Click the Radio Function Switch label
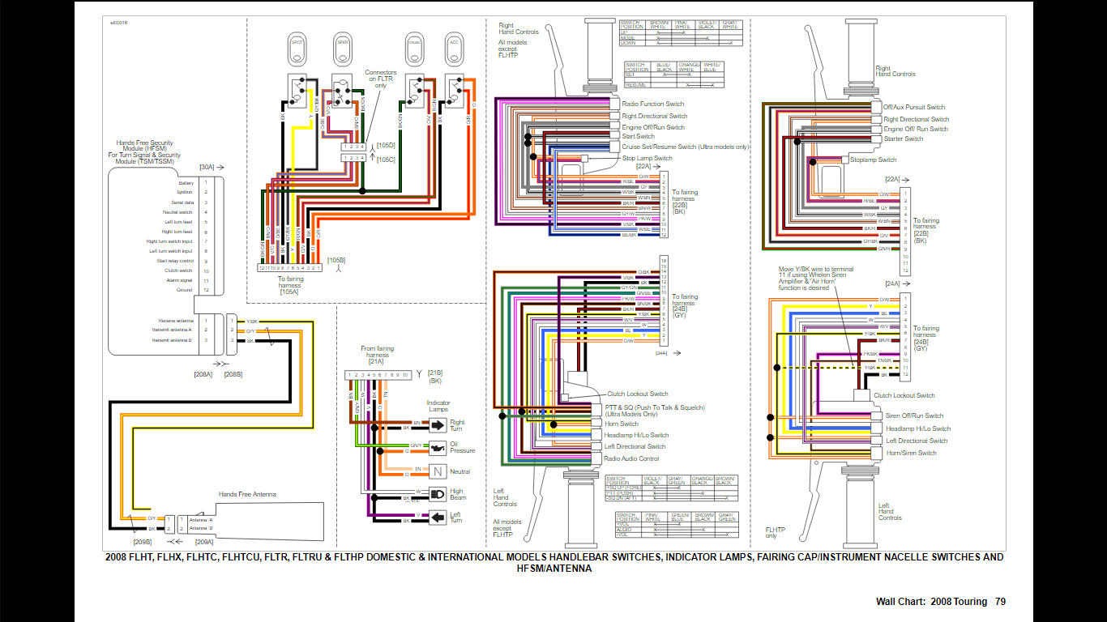652,104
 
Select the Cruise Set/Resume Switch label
685,147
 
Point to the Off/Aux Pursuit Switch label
913,107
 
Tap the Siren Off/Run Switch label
914,416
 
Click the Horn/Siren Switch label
911,453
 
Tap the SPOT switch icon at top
297,48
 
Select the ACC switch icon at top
454,48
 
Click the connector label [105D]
387,145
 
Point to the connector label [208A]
203,374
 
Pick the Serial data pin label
182,202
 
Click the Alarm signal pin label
179,280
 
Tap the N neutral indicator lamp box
438,471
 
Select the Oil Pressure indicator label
462,447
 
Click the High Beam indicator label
458,494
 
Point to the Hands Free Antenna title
247,494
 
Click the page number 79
1000,602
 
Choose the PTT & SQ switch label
654,407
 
